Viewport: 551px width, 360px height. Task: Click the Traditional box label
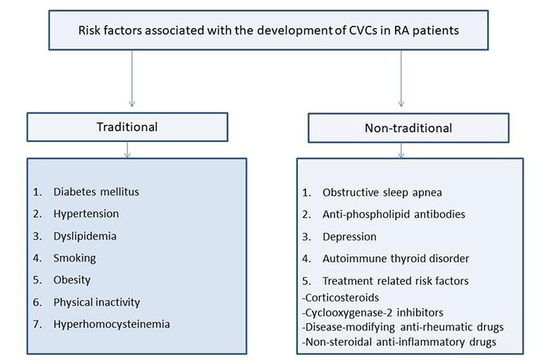tap(127, 127)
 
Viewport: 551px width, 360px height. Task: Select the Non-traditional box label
tap(408, 128)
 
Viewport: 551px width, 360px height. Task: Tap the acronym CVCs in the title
tap(363, 30)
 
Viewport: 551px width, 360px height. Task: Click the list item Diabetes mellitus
tap(96, 192)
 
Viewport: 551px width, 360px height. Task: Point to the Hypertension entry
tap(86, 214)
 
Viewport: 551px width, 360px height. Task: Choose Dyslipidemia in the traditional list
tap(85, 236)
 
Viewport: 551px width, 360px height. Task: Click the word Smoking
tap(74, 258)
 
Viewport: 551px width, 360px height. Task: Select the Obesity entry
tap(72, 280)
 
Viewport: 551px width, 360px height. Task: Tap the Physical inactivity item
tap(97, 302)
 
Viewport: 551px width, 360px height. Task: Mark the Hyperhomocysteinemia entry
tap(112, 324)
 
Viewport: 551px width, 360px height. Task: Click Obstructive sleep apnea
tap(382, 193)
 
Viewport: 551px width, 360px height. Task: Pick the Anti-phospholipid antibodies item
tap(394, 215)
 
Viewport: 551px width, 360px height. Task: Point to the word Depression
tap(350, 237)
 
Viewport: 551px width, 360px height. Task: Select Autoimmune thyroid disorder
tap(396, 258)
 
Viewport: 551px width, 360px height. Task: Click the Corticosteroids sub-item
tap(340, 298)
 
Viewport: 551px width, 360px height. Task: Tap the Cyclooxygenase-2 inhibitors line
tap(372, 312)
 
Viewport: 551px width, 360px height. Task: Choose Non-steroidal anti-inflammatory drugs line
tap(399, 342)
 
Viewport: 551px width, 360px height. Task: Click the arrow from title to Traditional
tap(132, 78)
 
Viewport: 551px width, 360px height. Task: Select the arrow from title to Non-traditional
tap(401, 78)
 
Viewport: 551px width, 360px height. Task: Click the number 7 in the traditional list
tap(37, 324)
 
